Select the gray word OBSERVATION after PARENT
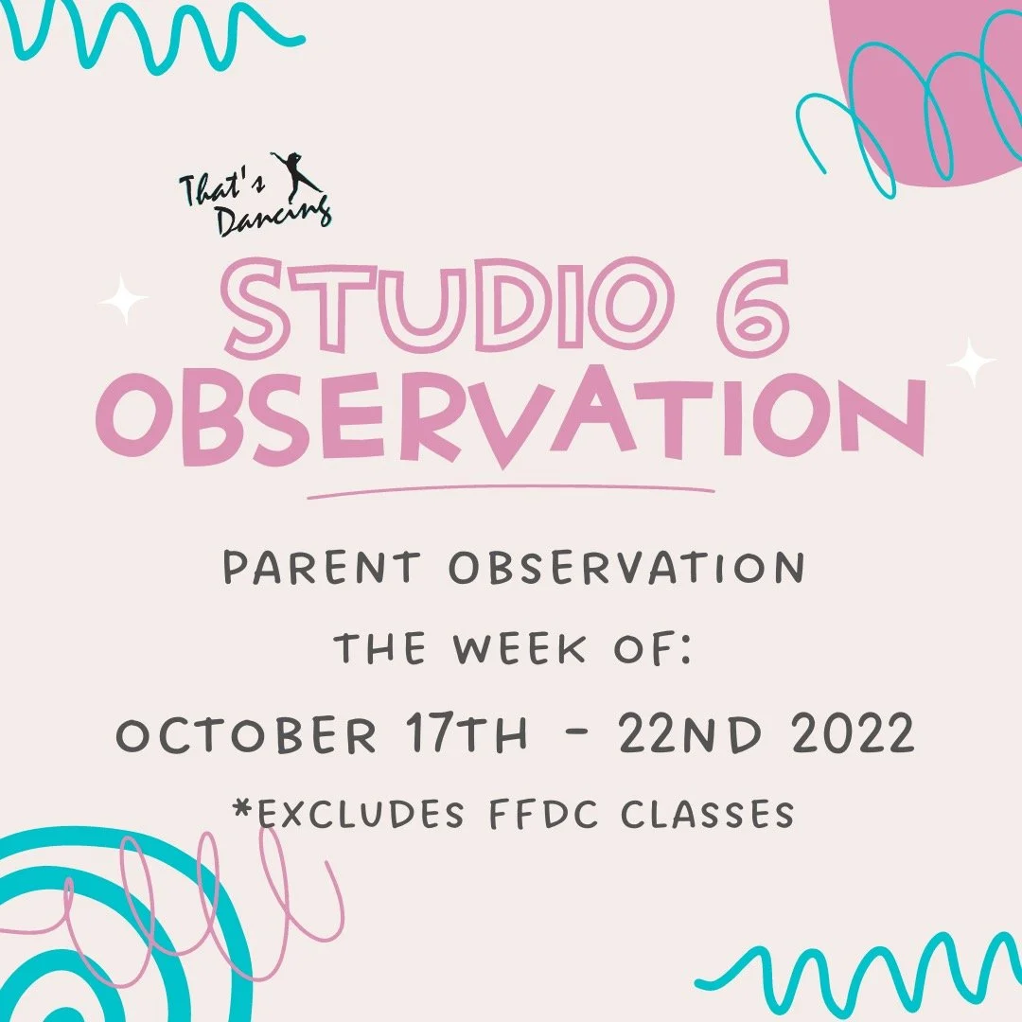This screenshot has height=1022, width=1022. tap(626, 568)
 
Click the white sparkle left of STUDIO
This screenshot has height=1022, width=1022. tap(124, 300)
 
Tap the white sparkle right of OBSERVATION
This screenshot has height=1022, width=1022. tap(971, 361)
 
